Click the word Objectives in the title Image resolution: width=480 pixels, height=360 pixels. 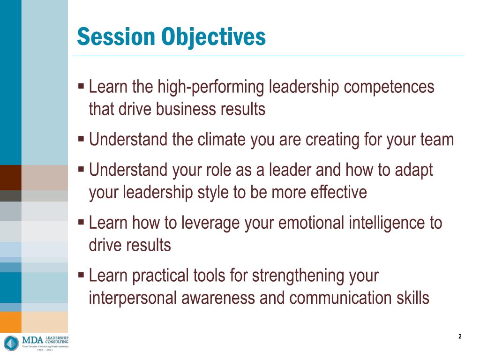point(214,37)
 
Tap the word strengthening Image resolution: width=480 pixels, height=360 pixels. point(298,276)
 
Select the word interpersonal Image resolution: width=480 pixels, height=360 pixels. point(135,298)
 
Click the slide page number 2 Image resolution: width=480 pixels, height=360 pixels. point(460,336)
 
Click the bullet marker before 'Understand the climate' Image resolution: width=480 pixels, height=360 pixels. point(81,139)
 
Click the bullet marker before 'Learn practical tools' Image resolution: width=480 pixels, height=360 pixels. point(81,275)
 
